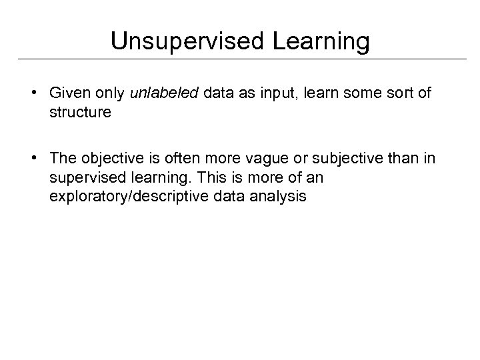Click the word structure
click(x=80, y=112)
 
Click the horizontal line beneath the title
click(x=240, y=59)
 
